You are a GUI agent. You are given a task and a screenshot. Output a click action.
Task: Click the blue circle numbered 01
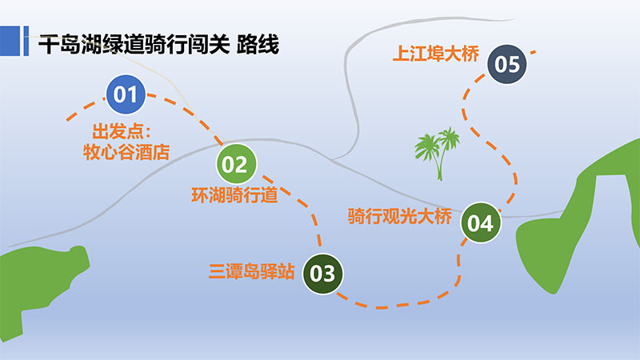pyautogui.click(x=126, y=94)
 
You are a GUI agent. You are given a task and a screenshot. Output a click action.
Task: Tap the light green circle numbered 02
pyautogui.click(x=236, y=164)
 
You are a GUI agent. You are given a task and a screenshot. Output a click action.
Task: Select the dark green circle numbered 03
pyautogui.click(x=323, y=274)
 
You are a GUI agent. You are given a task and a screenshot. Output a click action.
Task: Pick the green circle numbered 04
pyautogui.click(x=481, y=223)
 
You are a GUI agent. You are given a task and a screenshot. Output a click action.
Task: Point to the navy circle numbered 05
pyautogui.click(x=507, y=64)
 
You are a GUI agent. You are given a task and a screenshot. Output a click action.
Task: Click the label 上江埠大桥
pyautogui.click(x=435, y=54)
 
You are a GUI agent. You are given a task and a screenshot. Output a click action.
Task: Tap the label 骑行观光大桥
pyautogui.click(x=400, y=216)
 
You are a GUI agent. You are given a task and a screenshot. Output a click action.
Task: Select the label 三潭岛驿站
pyautogui.click(x=251, y=271)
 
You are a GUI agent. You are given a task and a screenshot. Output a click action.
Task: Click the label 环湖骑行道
pyautogui.click(x=234, y=195)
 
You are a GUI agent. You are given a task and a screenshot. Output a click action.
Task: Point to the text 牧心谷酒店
pyautogui.click(x=126, y=152)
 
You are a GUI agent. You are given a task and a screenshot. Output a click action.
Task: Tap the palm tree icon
pyautogui.click(x=438, y=154)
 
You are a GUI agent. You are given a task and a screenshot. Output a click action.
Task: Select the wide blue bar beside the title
pyautogui.click(x=10, y=41)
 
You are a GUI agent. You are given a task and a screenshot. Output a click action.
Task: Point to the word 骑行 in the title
pyautogui.click(x=166, y=45)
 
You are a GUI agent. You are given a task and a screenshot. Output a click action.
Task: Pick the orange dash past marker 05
pyautogui.click(x=533, y=52)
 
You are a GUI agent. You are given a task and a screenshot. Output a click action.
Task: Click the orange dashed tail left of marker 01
pyautogui.click(x=85, y=109)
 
